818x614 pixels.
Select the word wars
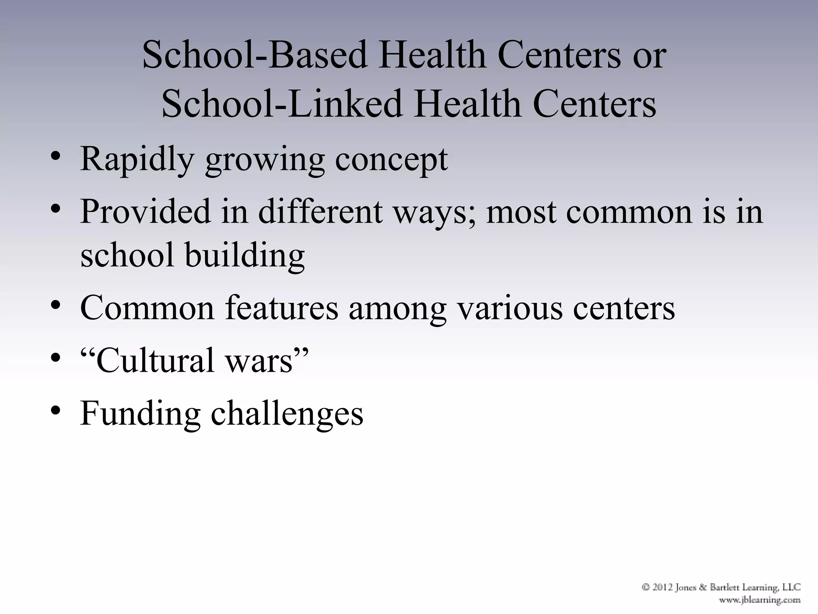[x=260, y=361]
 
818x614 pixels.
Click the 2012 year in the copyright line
[x=663, y=587]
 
